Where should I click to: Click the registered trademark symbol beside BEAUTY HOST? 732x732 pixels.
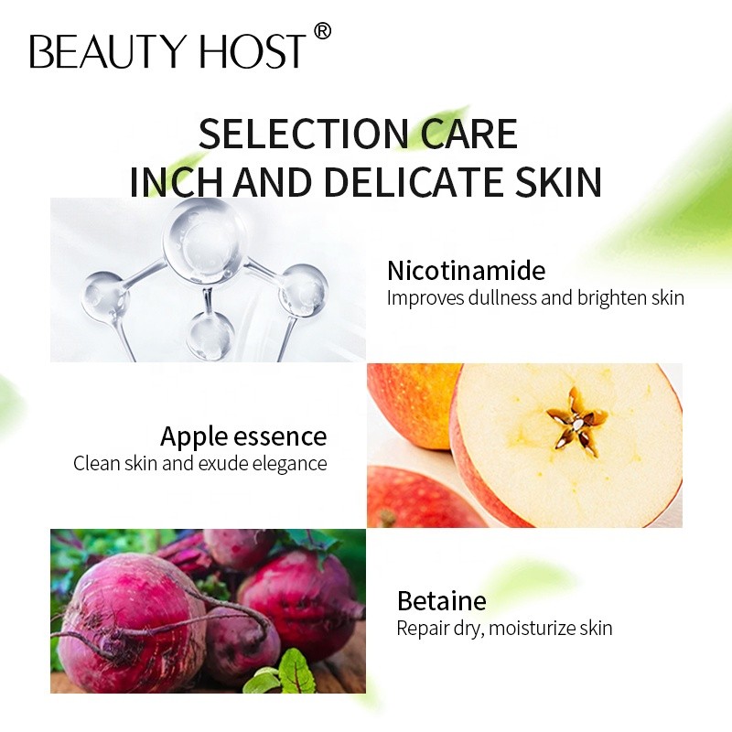(x=321, y=32)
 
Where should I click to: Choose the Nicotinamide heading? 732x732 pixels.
(x=466, y=271)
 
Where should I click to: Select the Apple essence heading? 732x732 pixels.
(x=243, y=436)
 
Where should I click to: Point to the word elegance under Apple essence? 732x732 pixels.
(x=286, y=463)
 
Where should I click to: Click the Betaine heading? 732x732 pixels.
(x=441, y=601)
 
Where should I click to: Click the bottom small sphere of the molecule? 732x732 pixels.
(x=210, y=334)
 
